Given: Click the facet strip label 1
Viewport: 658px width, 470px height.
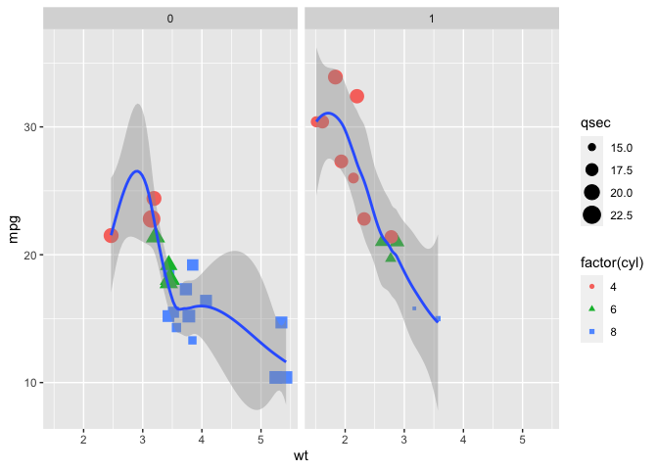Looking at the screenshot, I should tap(432, 19).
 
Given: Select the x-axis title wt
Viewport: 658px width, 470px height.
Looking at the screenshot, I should tap(302, 456).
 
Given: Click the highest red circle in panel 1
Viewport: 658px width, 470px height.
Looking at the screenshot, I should tap(335, 76).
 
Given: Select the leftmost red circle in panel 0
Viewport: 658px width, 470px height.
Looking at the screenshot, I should tap(111, 235).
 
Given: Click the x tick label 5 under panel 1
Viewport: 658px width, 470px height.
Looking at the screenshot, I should tap(523, 438).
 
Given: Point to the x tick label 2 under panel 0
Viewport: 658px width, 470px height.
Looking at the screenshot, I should tap(84, 438).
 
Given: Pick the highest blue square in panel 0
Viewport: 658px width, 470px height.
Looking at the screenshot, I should tap(193, 265).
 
